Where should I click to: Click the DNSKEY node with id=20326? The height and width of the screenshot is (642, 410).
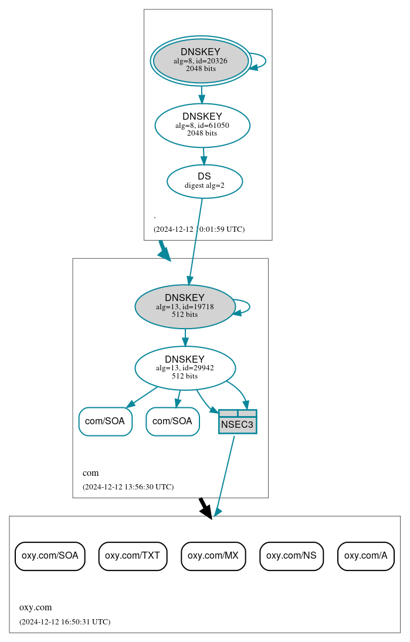coord(201,60)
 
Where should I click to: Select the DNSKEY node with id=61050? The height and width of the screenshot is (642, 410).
coord(202,125)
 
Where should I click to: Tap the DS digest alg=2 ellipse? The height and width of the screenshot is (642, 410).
coord(205,181)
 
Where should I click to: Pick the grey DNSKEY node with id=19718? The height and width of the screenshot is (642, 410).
coord(185,306)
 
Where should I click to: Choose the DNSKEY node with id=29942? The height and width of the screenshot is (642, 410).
coord(185,368)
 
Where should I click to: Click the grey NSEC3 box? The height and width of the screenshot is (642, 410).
coord(238,422)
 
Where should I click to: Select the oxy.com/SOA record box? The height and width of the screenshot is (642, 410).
coord(50,556)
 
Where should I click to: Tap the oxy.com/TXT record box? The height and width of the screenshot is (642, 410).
coord(133,556)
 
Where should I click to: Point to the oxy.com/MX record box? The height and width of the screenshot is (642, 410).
coord(213,556)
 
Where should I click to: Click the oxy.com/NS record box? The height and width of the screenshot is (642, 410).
coord(292,556)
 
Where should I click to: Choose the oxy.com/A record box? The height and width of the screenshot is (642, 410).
coord(365,556)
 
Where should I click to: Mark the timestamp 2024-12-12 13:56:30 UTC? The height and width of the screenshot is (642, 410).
coord(128,486)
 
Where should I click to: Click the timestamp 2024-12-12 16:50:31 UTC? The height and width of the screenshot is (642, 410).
coord(65,621)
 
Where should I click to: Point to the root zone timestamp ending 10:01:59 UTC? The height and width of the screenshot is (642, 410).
coord(199,229)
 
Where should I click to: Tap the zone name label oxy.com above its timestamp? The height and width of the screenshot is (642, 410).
coord(36,607)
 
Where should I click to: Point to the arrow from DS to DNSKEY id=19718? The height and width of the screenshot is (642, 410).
coord(195,241)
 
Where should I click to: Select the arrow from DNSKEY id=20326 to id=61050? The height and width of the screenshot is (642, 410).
coord(202,94)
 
